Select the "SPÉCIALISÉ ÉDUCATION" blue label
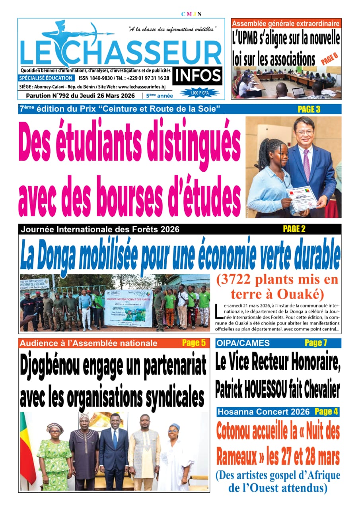[x=46, y=78]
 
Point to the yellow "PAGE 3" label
[x=309, y=109]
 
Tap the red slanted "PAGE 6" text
[x=329, y=59]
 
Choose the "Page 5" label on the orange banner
[x=194, y=343]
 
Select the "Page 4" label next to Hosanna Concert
[x=326, y=412]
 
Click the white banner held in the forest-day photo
[x=128, y=308]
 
